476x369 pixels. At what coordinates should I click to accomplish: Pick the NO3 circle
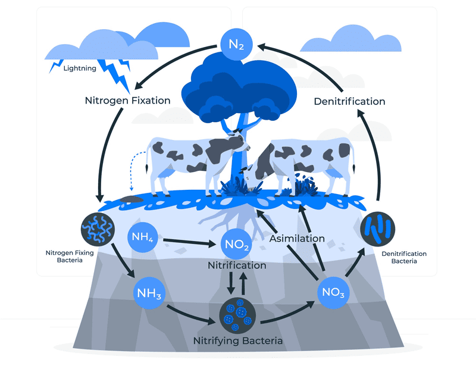point(333,292)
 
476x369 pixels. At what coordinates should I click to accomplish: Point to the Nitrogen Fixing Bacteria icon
point(98,229)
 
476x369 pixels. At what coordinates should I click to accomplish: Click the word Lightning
point(80,68)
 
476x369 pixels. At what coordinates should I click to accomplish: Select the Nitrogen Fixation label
point(127,101)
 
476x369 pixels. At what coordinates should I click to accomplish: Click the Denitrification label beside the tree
point(349,101)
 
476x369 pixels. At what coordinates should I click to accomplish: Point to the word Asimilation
point(297,238)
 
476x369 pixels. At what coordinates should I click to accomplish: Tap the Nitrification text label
point(237,265)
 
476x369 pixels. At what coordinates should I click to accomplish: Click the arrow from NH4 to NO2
point(189,242)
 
